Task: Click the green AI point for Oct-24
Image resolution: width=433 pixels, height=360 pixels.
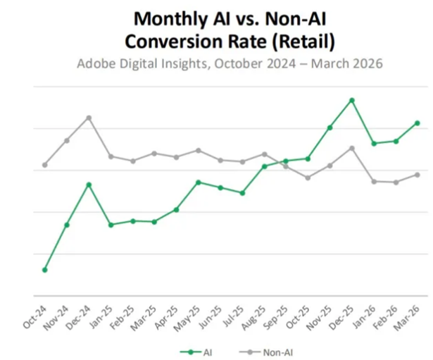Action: pos(45,270)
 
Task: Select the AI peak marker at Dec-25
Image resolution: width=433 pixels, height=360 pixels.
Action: pos(351,100)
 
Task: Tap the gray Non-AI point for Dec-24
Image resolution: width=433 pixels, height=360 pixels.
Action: pos(89,118)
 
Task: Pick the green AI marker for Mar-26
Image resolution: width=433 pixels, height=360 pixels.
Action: pos(418,123)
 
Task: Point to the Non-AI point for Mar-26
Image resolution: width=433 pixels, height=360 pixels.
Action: pos(418,175)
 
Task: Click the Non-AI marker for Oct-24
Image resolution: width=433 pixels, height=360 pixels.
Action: pos(45,165)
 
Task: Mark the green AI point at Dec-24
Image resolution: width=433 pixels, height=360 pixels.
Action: pos(89,185)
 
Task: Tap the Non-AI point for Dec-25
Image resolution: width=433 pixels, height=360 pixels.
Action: pos(351,148)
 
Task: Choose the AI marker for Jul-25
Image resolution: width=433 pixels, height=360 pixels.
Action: pos(242,193)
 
